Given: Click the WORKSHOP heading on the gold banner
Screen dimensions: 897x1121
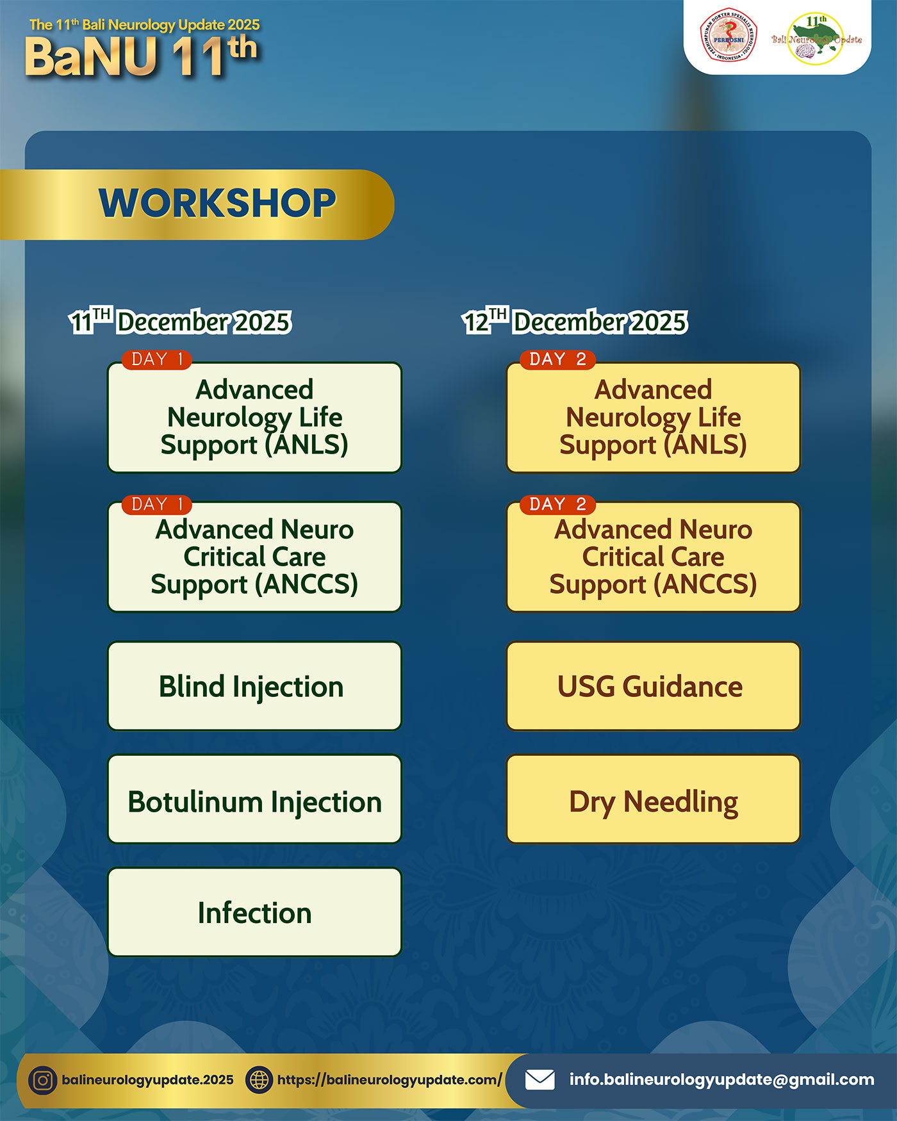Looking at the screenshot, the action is [x=217, y=203].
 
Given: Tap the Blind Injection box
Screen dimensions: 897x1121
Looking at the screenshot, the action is [x=254, y=686].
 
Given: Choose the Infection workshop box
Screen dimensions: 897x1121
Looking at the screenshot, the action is [x=254, y=912].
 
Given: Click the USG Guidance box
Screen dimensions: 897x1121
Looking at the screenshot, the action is [x=653, y=686].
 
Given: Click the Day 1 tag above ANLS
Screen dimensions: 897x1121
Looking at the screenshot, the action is [x=157, y=359].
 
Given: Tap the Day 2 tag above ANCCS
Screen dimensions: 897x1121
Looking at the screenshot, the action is [x=558, y=504].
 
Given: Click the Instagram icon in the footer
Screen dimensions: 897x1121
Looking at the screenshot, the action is [x=43, y=1081].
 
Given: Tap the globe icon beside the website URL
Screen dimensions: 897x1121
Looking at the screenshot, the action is [x=259, y=1081].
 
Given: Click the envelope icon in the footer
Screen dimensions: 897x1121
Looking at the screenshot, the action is [x=540, y=1080].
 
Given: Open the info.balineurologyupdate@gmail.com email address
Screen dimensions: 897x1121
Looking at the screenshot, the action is [x=722, y=1080].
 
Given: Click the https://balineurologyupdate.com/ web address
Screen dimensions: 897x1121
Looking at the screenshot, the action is [x=390, y=1080].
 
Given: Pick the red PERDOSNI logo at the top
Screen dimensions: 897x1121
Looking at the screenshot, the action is [x=729, y=36].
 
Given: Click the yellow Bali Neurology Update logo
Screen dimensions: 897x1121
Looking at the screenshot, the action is [x=816, y=38].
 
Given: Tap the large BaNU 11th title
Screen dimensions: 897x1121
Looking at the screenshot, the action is [x=141, y=56].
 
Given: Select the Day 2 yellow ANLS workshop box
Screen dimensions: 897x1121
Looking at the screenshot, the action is [x=653, y=418].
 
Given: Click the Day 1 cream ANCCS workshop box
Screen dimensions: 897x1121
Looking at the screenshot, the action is [x=254, y=557].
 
